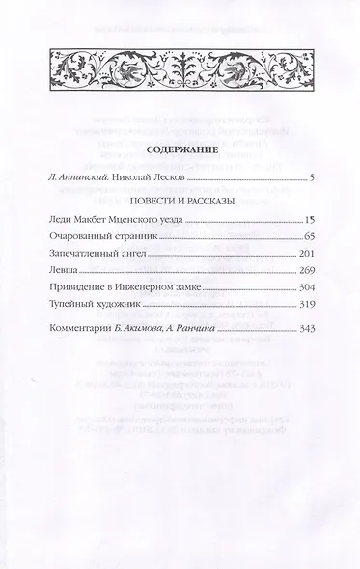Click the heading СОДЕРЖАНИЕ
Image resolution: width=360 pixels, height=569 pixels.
(x=180, y=151)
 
